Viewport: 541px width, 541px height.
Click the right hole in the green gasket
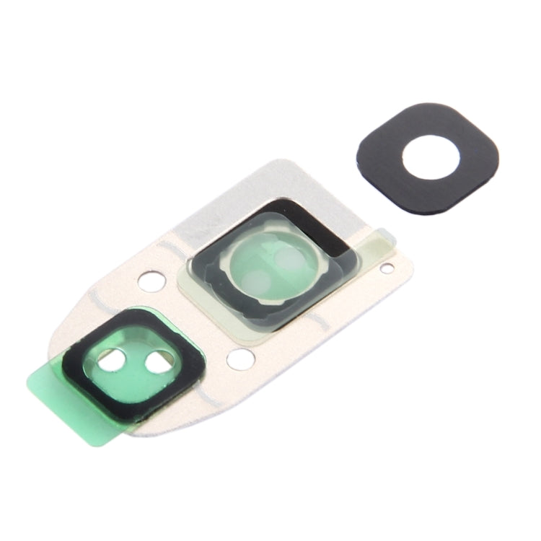coord(157,364)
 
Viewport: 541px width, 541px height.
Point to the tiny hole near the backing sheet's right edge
coord(387,270)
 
